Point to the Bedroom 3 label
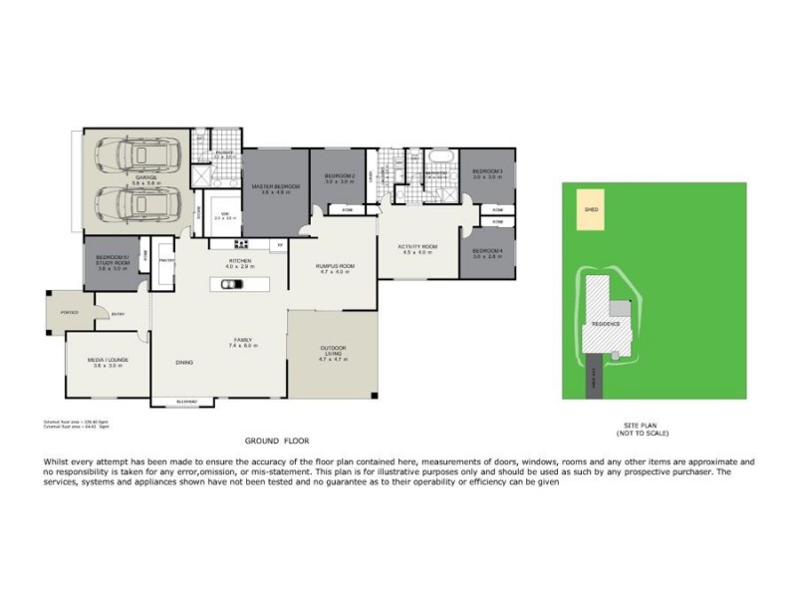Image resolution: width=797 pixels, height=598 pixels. click(x=487, y=171)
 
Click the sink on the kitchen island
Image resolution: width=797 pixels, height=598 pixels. click(x=230, y=284)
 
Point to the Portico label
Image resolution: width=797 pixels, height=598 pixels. click(x=70, y=312)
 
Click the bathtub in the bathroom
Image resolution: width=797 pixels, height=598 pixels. click(x=438, y=159)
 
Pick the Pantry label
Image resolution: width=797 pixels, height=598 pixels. click(x=165, y=260)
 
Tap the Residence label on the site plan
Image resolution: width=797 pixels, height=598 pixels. click(x=606, y=324)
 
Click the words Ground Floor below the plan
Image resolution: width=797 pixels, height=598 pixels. click(x=277, y=440)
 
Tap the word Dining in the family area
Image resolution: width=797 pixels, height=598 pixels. click(x=184, y=362)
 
